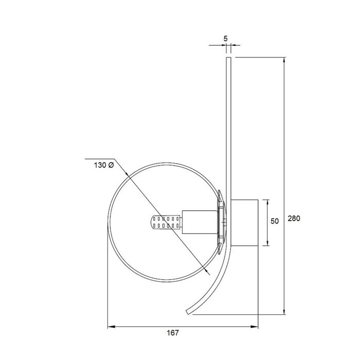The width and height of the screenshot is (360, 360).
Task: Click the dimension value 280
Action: point(294,219)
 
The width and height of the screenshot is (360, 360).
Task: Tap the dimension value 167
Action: point(173,333)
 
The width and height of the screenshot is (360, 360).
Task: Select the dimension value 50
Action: point(275,221)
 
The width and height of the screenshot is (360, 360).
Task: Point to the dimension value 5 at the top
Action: point(225,39)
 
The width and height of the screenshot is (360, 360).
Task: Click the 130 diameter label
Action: point(104,165)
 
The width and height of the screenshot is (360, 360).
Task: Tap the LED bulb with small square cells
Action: point(167,222)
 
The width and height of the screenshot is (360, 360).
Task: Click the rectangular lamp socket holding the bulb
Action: point(200,222)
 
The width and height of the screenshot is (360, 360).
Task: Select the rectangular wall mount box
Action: point(244,223)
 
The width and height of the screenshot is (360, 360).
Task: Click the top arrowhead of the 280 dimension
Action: point(284,60)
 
